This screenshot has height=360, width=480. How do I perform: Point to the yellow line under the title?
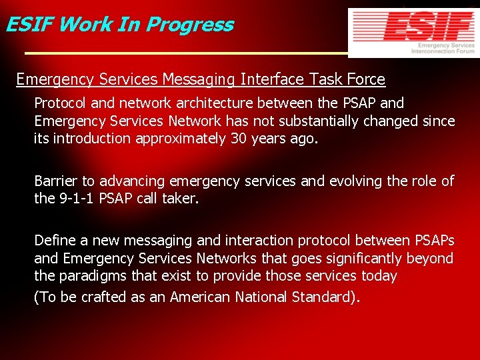(x=187, y=53)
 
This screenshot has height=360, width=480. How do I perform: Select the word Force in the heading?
(x=365, y=80)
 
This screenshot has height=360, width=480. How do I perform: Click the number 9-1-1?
(x=75, y=199)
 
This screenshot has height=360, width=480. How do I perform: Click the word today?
(x=379, y=276)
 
